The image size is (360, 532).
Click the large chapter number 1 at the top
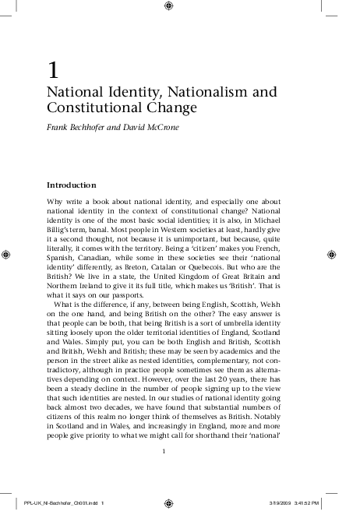pos(52,70)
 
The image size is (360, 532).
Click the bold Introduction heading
pos(72,185)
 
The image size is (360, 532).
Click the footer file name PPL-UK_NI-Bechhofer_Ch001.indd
pos(60,503)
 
